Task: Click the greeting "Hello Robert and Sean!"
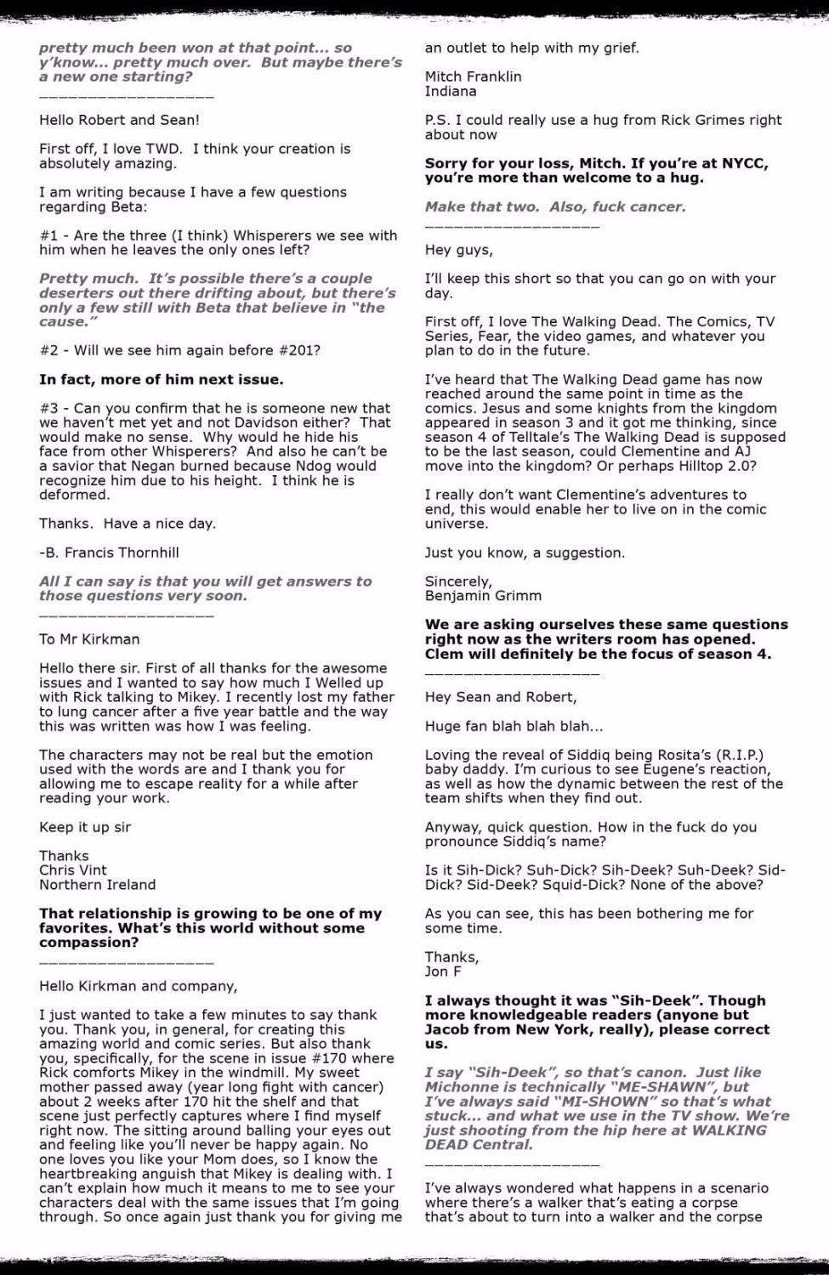[119, 120]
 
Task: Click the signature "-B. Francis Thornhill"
[109, 552]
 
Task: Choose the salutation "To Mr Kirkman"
[89, 639]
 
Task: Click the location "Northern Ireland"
[97, 885]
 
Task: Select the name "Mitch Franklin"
[473, 76]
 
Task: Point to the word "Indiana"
[451, 91]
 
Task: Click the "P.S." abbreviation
[439, 120]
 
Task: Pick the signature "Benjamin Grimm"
[483, 596]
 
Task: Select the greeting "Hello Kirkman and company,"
[138, 986]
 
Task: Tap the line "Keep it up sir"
[85, 827]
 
